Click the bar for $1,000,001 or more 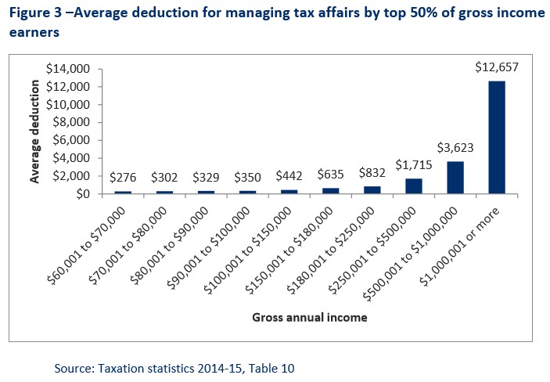point(497,137)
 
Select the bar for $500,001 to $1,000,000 point(455,178)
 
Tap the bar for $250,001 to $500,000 point(413,186)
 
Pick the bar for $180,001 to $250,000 point(372,189)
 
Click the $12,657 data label point(497,67)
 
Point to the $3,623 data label point(455,148)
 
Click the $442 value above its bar point(289,177)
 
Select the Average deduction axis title point(35,132)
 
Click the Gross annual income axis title point(310,319)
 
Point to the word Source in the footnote point(73,367)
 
